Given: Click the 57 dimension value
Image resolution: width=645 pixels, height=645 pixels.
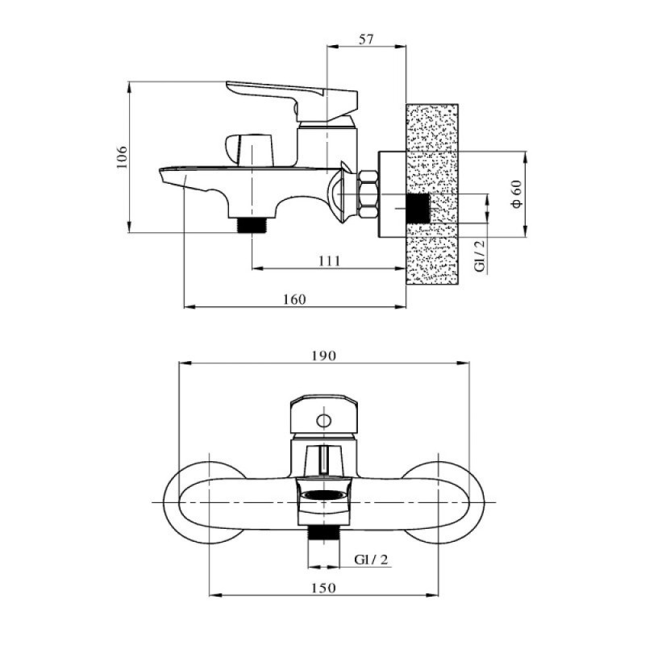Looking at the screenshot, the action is [366, 40].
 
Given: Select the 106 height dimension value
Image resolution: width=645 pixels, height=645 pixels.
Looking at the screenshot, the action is [123, 157].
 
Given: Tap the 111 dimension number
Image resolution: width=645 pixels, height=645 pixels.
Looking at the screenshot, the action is [329, 260].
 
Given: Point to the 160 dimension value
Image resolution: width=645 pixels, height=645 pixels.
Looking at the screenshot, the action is [294, 299].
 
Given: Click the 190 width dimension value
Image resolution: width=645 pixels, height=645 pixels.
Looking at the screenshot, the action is [324, 356].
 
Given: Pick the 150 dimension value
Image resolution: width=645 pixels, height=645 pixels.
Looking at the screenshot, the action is [324, 588].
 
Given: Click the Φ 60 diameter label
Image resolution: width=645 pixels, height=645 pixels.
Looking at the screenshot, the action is [516, 193].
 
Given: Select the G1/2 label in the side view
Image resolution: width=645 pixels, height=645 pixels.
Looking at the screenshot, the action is [479, 256].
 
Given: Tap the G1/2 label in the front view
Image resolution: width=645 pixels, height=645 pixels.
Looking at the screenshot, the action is [371, 560].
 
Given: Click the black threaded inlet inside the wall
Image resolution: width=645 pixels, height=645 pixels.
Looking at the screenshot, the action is [418, 208].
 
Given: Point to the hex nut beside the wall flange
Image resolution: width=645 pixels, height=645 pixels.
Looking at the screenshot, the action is [368, 194].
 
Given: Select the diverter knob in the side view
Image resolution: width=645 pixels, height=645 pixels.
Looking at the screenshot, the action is [249, 150].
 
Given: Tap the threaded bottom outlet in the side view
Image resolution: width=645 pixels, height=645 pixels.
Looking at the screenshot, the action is [252, 226].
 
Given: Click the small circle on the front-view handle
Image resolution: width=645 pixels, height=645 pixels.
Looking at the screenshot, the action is [324, 421].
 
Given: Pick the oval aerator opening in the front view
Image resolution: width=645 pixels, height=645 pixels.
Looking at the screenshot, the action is [324, 496].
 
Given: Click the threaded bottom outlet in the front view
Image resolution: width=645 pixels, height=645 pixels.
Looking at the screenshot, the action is [324, 534].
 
